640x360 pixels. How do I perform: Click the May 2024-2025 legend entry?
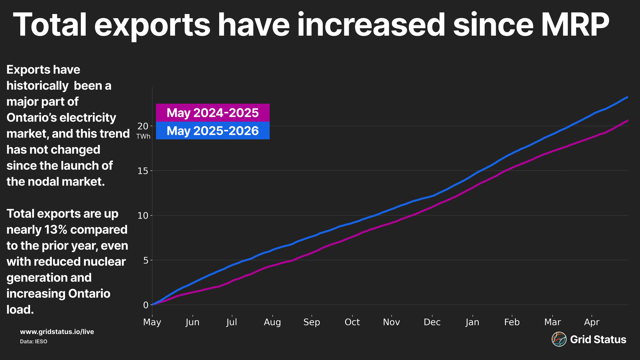213,113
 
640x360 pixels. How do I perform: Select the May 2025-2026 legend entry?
213,131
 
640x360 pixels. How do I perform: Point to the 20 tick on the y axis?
143,126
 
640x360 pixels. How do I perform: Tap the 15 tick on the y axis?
143,171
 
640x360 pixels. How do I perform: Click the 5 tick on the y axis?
146,260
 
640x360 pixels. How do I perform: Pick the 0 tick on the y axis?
146,305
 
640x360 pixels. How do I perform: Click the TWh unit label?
143,137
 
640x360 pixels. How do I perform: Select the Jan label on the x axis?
472,322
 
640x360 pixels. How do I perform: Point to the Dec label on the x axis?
432,322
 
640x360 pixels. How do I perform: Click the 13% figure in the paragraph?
56,230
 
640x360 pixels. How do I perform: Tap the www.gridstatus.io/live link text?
57,332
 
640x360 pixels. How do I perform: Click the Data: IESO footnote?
34,341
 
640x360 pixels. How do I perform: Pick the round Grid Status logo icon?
559,339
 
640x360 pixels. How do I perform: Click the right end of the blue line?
628,97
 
